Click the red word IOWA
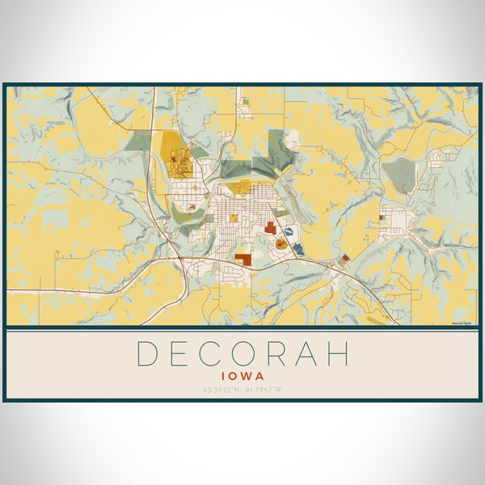(x=242, y=375)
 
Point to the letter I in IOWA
(x=222, y=375)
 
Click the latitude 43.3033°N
(x=220, y=391)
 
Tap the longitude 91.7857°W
(x=265, y=391)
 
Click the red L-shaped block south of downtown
(x=243, y=259)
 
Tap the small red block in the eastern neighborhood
(x=381, y=217)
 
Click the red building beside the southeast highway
(x=345, y=259)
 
